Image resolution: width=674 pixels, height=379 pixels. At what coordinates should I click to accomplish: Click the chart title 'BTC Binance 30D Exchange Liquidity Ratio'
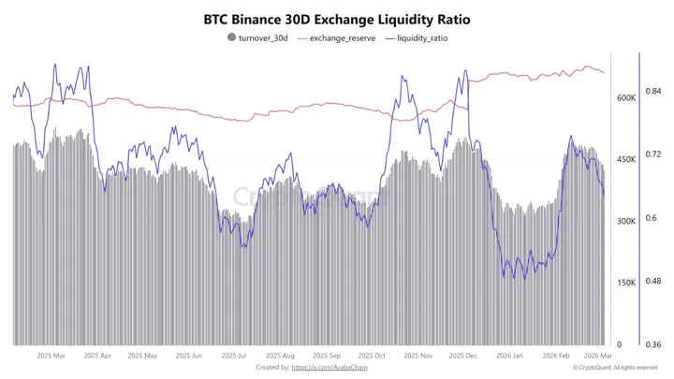tap(337, 19)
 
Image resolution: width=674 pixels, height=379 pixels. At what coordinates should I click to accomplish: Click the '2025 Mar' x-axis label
tap(51, 357)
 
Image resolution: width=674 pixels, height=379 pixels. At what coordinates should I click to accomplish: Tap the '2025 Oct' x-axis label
tap(372, 357)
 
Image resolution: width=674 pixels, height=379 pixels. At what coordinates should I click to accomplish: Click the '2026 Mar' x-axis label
tap(597, 357)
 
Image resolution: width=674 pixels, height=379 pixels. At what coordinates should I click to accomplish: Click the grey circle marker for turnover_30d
tap(231, 38)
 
